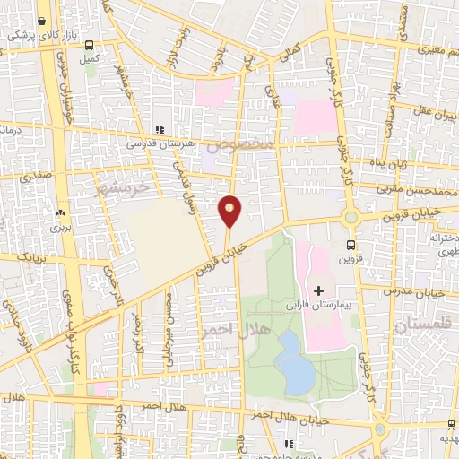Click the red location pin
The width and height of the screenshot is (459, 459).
click(230, 210)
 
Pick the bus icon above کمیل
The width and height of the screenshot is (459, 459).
click(88, 43)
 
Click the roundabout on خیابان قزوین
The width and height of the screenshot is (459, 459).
click(351, 217)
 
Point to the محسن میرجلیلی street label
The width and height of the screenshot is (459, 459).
click(170, 320)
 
